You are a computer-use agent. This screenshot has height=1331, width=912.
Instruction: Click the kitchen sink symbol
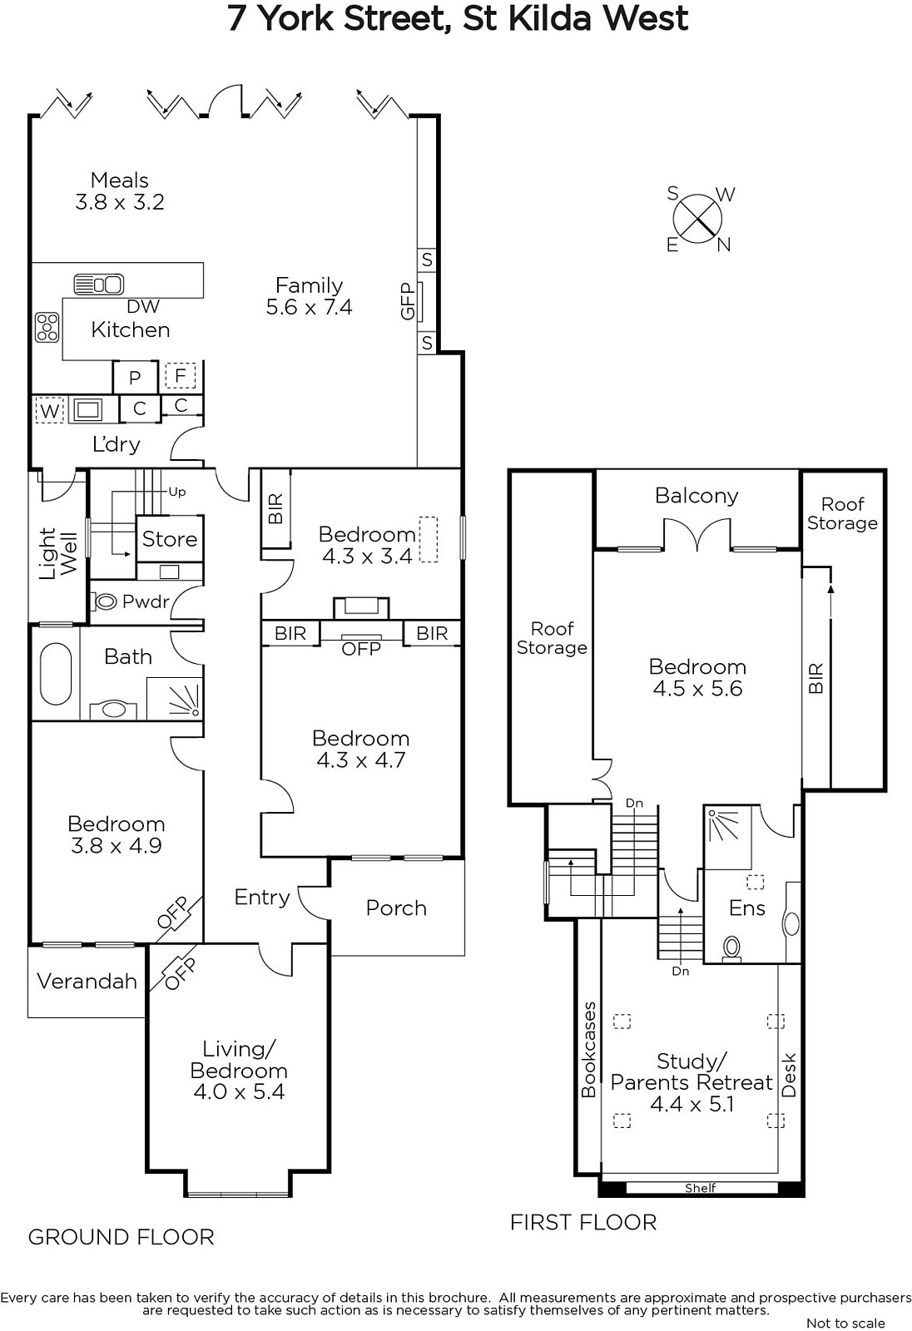click(x=99, y=284)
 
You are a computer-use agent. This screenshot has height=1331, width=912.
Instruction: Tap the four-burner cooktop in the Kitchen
click(x=47, y=328)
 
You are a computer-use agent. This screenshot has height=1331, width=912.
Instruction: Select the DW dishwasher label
click(x=143, y=307)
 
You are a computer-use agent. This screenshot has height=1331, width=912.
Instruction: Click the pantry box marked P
click(x=136, y=377)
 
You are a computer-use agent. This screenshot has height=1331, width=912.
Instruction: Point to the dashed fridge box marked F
click(x=180, y=375)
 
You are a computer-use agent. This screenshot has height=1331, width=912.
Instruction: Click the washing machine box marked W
click(x=50, y=410)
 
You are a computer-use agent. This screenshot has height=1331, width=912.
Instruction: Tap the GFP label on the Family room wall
click(x=408, y=301)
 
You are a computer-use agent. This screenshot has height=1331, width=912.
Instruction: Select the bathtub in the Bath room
click(x=56, y=675)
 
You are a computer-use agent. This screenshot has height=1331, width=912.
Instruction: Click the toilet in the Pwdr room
click(x=105, y=602)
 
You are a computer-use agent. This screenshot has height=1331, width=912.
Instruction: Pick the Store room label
click(x=170, y=539)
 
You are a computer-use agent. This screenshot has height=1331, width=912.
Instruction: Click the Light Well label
click(x=57, y=553)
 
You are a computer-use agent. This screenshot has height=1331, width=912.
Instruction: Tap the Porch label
click(x=397, y=908)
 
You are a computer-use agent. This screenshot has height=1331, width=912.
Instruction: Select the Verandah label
click(x=87, y=981)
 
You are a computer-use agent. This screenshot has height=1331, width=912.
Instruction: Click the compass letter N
click(x=724, y=245)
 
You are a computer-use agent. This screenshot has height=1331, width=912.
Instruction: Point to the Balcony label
click(x=696, y=496)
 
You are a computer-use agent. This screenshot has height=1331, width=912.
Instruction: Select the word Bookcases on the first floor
click(x=588, y=1050)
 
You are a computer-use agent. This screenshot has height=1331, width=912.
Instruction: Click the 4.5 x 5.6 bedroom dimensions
click(x=697, y=689)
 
